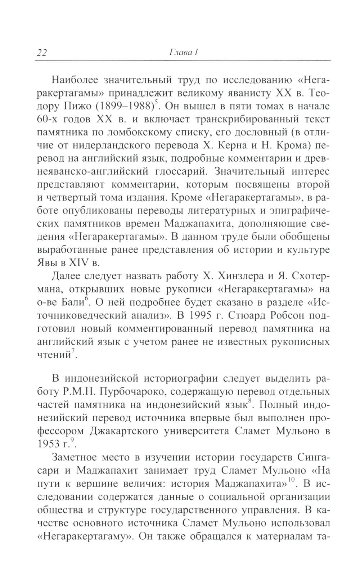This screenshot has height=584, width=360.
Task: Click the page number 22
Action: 42,53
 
